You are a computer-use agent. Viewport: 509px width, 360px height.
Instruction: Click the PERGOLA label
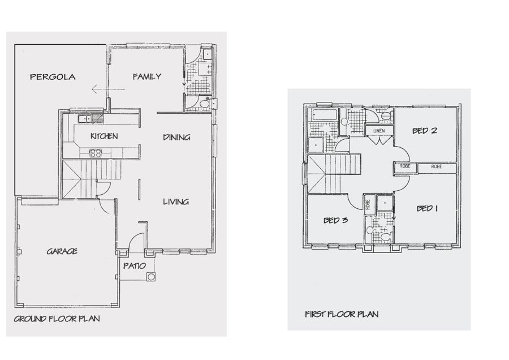53,77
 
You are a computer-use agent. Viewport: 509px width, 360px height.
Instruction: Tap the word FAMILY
147,76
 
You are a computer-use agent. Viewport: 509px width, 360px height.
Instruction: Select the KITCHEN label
104,136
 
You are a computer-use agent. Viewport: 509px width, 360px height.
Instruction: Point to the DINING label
176,138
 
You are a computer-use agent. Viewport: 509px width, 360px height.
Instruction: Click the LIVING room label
176,202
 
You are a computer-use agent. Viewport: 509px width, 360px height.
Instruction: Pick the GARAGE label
62,251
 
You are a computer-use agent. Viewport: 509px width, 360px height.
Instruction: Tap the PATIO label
135,266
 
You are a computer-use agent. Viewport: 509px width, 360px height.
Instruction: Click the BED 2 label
425,131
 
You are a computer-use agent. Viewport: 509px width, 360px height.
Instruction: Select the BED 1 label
427,208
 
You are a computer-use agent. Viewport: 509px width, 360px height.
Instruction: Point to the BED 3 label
335,220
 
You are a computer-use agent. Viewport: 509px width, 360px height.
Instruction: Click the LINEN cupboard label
379,131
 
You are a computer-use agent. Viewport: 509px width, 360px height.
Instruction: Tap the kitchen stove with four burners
96,153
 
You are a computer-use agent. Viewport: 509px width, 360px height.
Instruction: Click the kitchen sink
85,119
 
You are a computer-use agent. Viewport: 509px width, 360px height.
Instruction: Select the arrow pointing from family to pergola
108,89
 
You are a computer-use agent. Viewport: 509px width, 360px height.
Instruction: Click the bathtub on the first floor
325,115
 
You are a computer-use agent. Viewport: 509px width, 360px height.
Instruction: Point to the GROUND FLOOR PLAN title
57,319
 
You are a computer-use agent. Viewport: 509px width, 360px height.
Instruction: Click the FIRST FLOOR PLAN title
342,314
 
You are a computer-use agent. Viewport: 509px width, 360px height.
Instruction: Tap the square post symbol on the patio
150,277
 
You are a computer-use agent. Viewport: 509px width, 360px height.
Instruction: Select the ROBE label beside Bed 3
368,204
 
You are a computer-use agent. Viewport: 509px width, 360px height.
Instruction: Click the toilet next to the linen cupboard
386,116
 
